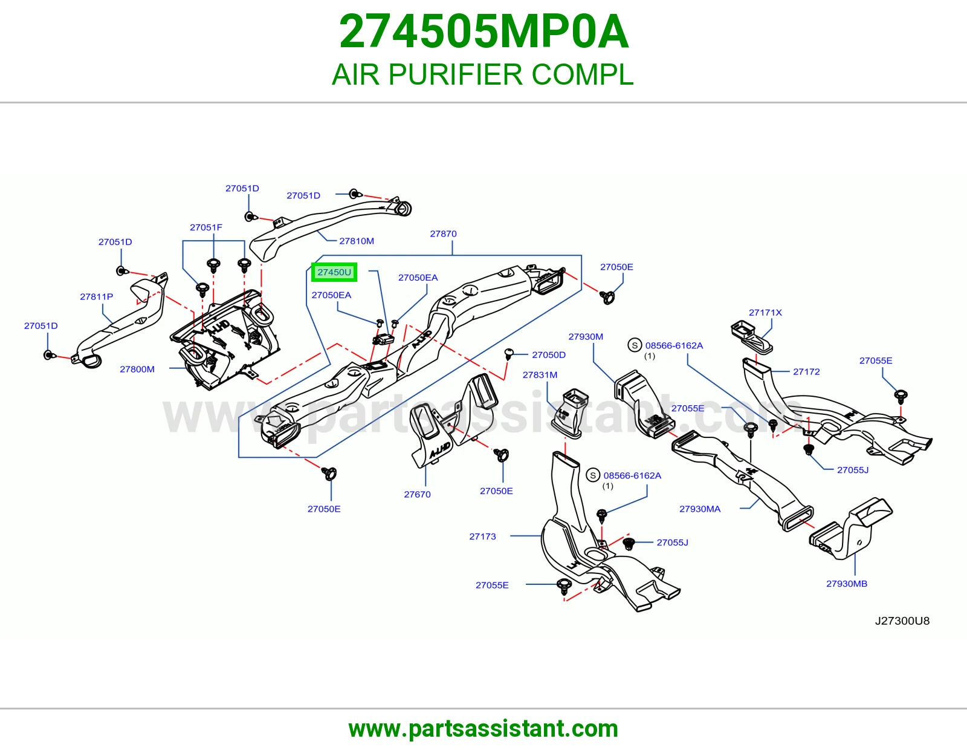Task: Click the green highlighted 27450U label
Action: coord(334,272)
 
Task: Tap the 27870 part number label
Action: coord(443,234)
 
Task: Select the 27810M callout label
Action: coord(357,241)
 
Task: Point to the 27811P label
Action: coord(97,296)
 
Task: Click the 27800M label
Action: coord(137,369)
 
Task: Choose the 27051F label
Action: coord(206,227)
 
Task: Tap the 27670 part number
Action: coord(418,494)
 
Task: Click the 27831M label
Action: coord(540,375)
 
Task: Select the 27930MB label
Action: coord(847,584)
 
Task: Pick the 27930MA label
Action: coord(699,509)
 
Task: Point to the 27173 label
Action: coord(482,536)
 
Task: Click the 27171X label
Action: coord(765,313)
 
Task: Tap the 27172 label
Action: coord(806,372)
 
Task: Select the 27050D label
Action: coord(549,355)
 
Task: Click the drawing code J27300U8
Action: coord(902,621)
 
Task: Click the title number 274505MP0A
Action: coord(483,32)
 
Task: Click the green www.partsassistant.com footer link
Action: coord(483,729)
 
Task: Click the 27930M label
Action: coord(586,337)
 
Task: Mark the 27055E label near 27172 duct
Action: coord(876,360)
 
